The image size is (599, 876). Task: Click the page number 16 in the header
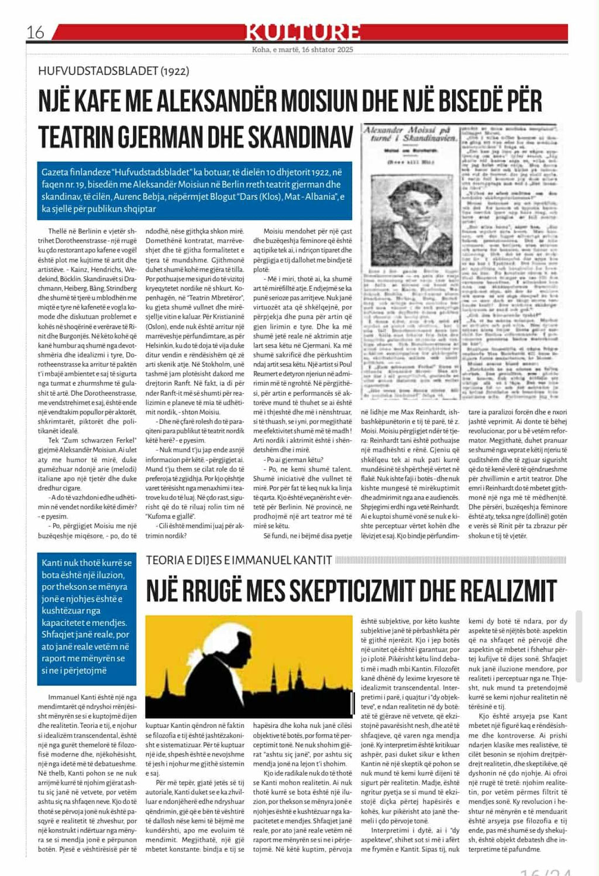[35, 32]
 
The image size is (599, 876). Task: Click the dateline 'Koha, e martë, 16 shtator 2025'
[302, 50]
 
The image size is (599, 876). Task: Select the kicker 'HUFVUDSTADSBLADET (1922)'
[113, 71]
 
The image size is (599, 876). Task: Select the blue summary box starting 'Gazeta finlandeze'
[194, 190]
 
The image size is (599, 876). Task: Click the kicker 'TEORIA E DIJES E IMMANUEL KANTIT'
[239, 560]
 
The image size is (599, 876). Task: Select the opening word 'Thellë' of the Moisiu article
[57, 231]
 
